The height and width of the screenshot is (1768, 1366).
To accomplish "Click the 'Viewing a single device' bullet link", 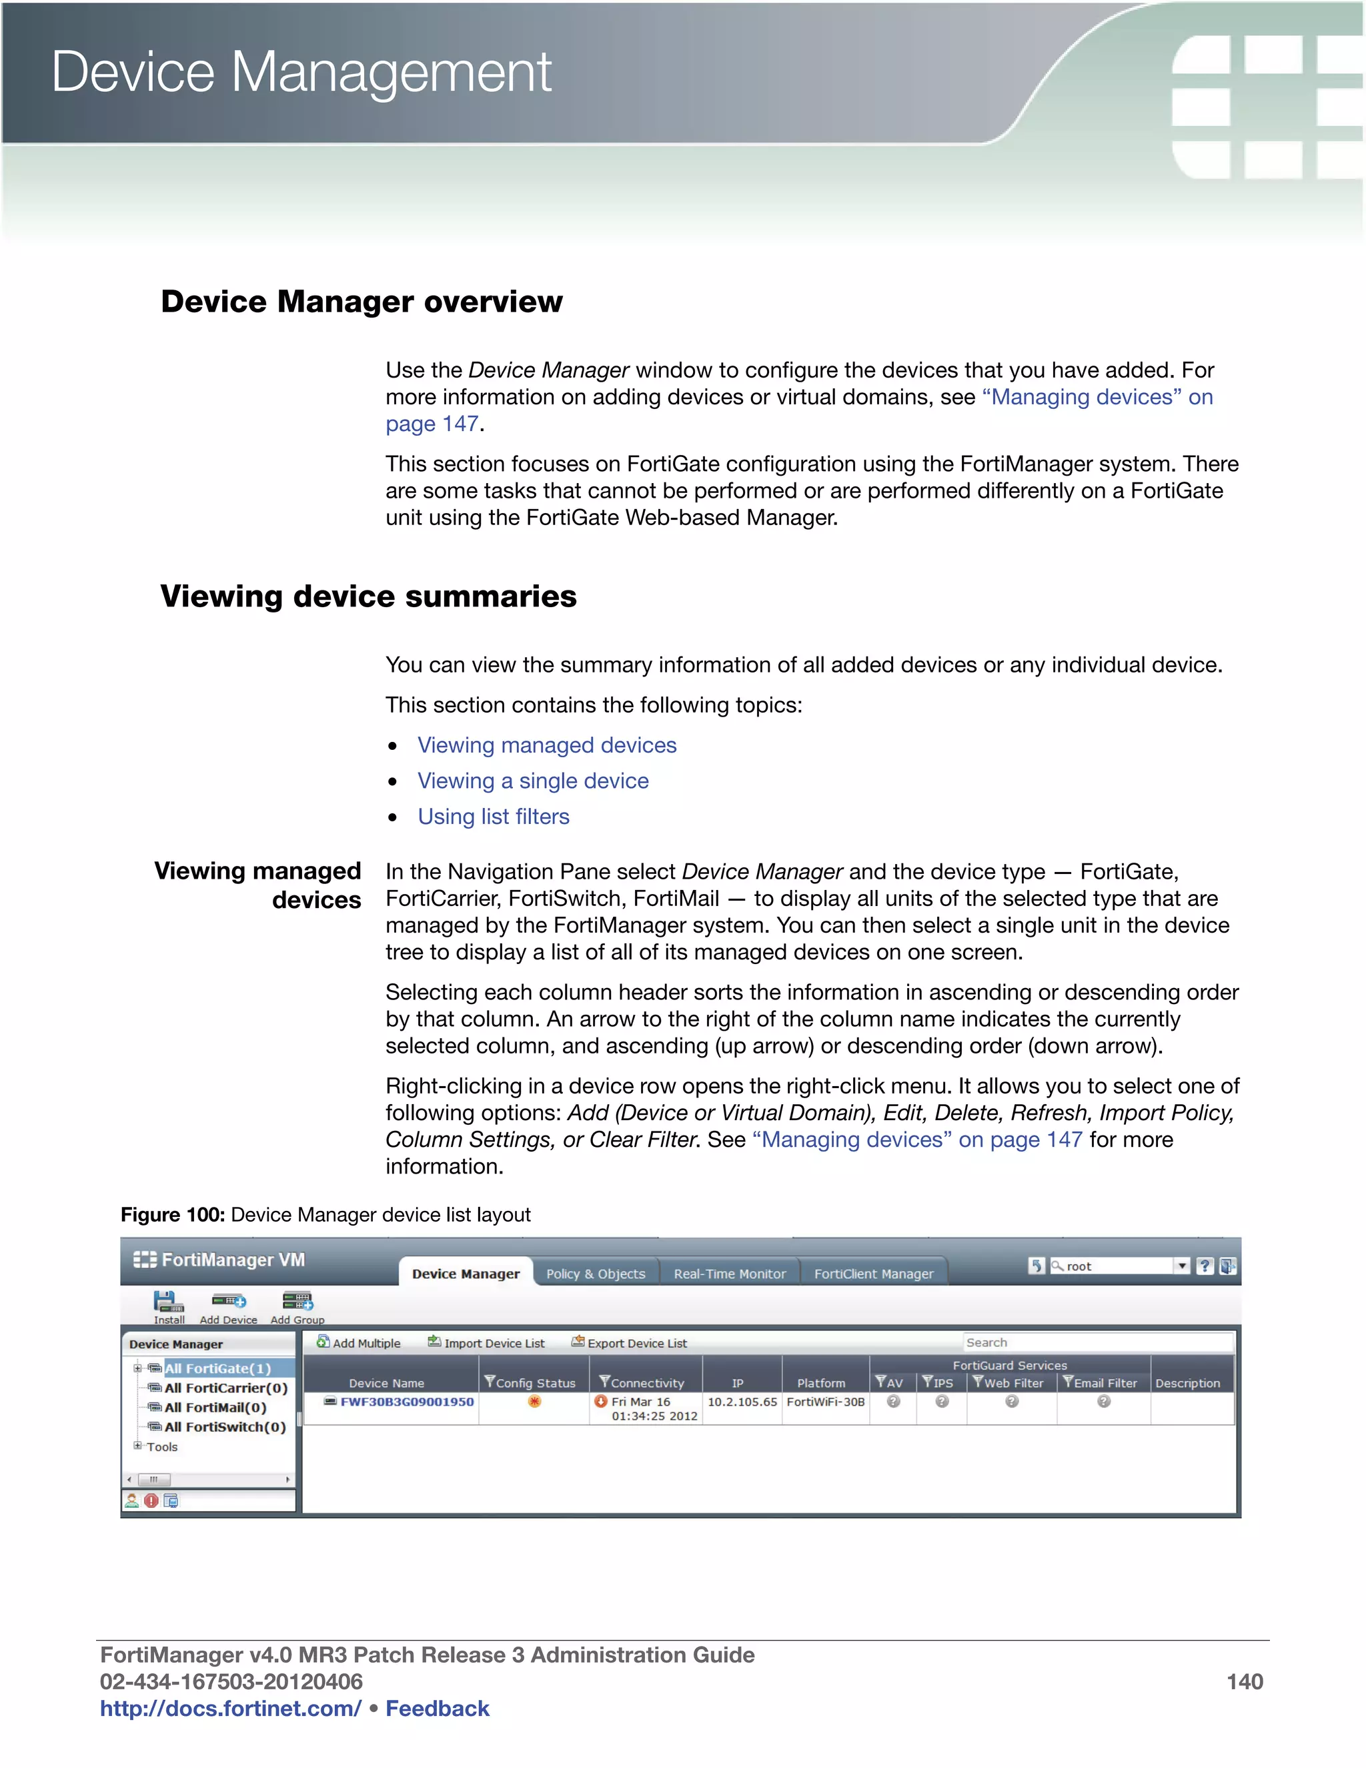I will click(x=532, y=781).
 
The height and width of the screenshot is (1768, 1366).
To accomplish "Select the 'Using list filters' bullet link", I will click(x=493, y=816).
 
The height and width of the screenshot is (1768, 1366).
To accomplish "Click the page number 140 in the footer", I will click(x=1244, y=1681).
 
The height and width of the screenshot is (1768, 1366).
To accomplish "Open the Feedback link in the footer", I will click(x=437, y=1708).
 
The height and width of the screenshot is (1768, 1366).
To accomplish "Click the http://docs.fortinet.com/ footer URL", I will click(x=230, y=1708).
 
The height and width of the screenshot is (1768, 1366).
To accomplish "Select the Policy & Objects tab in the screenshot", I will click(x=596, y=1274).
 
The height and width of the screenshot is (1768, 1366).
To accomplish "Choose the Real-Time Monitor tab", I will click(x=729, y=1274).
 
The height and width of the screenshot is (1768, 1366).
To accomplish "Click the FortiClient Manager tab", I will click(x=873, y=1274).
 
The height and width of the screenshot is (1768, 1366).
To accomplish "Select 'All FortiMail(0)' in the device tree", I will click(x=215, y=1407).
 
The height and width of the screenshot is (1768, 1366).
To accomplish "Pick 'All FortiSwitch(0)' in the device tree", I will click(x=225, y=1426).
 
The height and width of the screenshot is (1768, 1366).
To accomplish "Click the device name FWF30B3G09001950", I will click(x=406, y=1401).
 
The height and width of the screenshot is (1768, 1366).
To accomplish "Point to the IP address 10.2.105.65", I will click(x=741, y=1401).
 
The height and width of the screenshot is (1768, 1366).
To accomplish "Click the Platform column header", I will click(x=820, y=1382).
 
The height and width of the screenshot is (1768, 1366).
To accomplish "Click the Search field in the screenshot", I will click(x=1097, y=1342).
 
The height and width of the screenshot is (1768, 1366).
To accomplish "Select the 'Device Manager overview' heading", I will click(x=361, y=301).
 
